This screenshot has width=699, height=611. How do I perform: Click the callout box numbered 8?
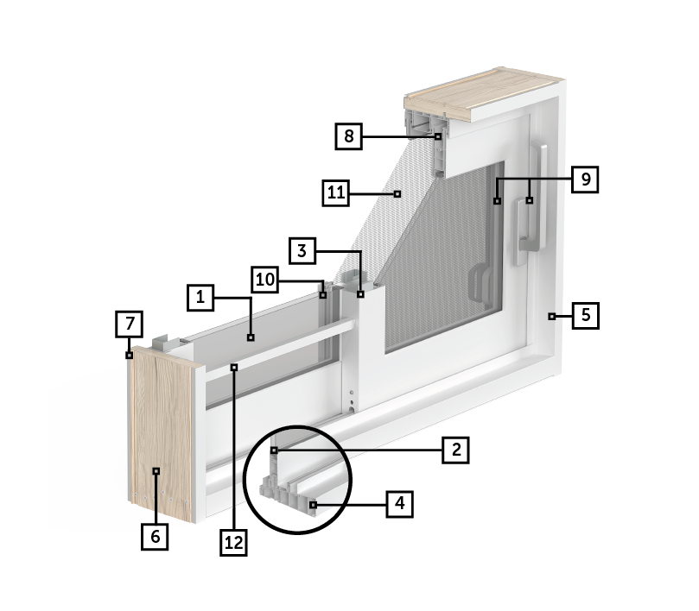[348, 136]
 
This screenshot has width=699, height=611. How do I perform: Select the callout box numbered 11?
[336, 192]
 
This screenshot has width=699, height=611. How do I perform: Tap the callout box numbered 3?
[302, 251]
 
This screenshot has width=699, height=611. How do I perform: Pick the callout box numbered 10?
[264, 280]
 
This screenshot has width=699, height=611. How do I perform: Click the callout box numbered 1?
[200, 298]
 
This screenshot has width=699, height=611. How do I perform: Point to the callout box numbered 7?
[130, 324]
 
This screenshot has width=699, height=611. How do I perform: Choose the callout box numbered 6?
[155, 537]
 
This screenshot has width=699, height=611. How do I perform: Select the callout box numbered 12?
[233, 543]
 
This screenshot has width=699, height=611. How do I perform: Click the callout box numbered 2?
[455, 450]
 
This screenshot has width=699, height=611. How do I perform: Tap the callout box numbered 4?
[399, 504]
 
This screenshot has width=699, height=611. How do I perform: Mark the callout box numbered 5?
[585, 316]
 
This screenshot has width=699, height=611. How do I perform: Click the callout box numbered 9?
[585, 180]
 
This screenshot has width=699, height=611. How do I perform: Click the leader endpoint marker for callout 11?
[397, 193]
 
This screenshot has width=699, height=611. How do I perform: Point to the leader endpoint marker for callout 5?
[552, 316]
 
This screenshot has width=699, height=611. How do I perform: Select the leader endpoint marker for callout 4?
[314, 505]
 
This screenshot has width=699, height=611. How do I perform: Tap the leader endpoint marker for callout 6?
[156, 470]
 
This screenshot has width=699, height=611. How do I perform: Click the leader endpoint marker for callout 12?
[234, 368]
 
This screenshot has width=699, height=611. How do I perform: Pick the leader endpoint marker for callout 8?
[438, 136]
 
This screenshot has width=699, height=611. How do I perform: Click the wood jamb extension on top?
[484, 95]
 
